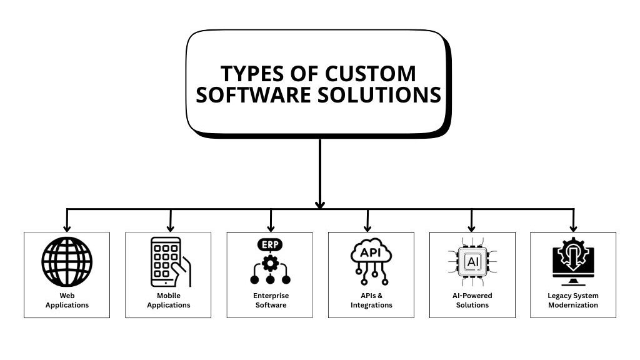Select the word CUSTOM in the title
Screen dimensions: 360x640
[x=370, y=73]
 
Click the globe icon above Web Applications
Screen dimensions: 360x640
[x=67, y=261]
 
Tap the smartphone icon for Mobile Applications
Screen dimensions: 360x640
[x=167, y=261]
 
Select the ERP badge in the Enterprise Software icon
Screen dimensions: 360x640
[x=270, y=244]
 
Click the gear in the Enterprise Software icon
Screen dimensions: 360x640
[x=270, y=263]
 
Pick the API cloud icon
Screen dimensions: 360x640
[x=371, y=253]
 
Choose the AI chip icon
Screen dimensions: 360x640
[x=472, y=261]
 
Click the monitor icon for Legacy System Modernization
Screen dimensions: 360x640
[x=573, y=261]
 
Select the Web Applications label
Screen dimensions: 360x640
[x=67, y=300]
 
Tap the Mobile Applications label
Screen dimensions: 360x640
[x=168, y=300]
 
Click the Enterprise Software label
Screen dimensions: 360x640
[x=270, y=300]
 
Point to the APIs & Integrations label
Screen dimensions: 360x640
[x=371, y=300]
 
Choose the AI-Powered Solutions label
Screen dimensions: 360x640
[x=472, y=300]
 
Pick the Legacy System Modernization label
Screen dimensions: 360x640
[x=573, y=300]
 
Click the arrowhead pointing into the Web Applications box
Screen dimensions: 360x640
[x=67, y=227]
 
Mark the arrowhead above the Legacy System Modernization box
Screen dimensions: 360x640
[x=573, y=227]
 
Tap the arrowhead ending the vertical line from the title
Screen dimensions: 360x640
[x=320, y=204]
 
